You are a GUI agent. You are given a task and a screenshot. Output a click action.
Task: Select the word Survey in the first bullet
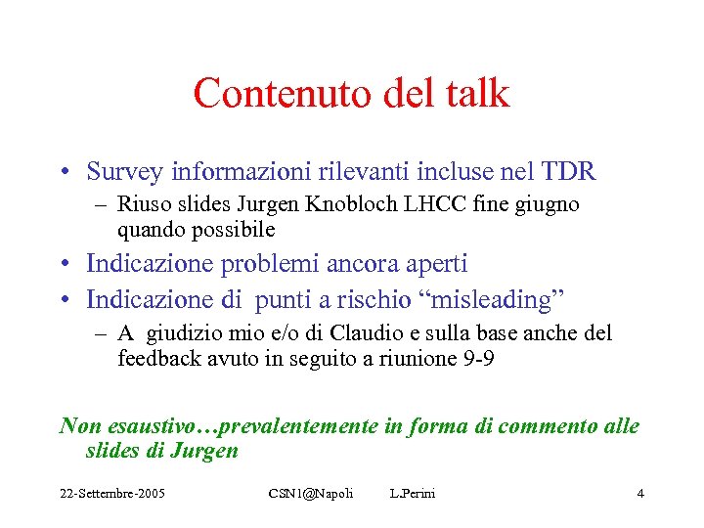124,172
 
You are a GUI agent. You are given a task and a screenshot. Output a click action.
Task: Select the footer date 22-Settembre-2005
110,493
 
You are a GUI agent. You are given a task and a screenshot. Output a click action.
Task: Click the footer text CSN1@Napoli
310,493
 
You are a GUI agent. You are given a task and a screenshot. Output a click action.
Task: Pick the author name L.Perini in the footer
412,493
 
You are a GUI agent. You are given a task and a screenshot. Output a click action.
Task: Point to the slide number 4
639,493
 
